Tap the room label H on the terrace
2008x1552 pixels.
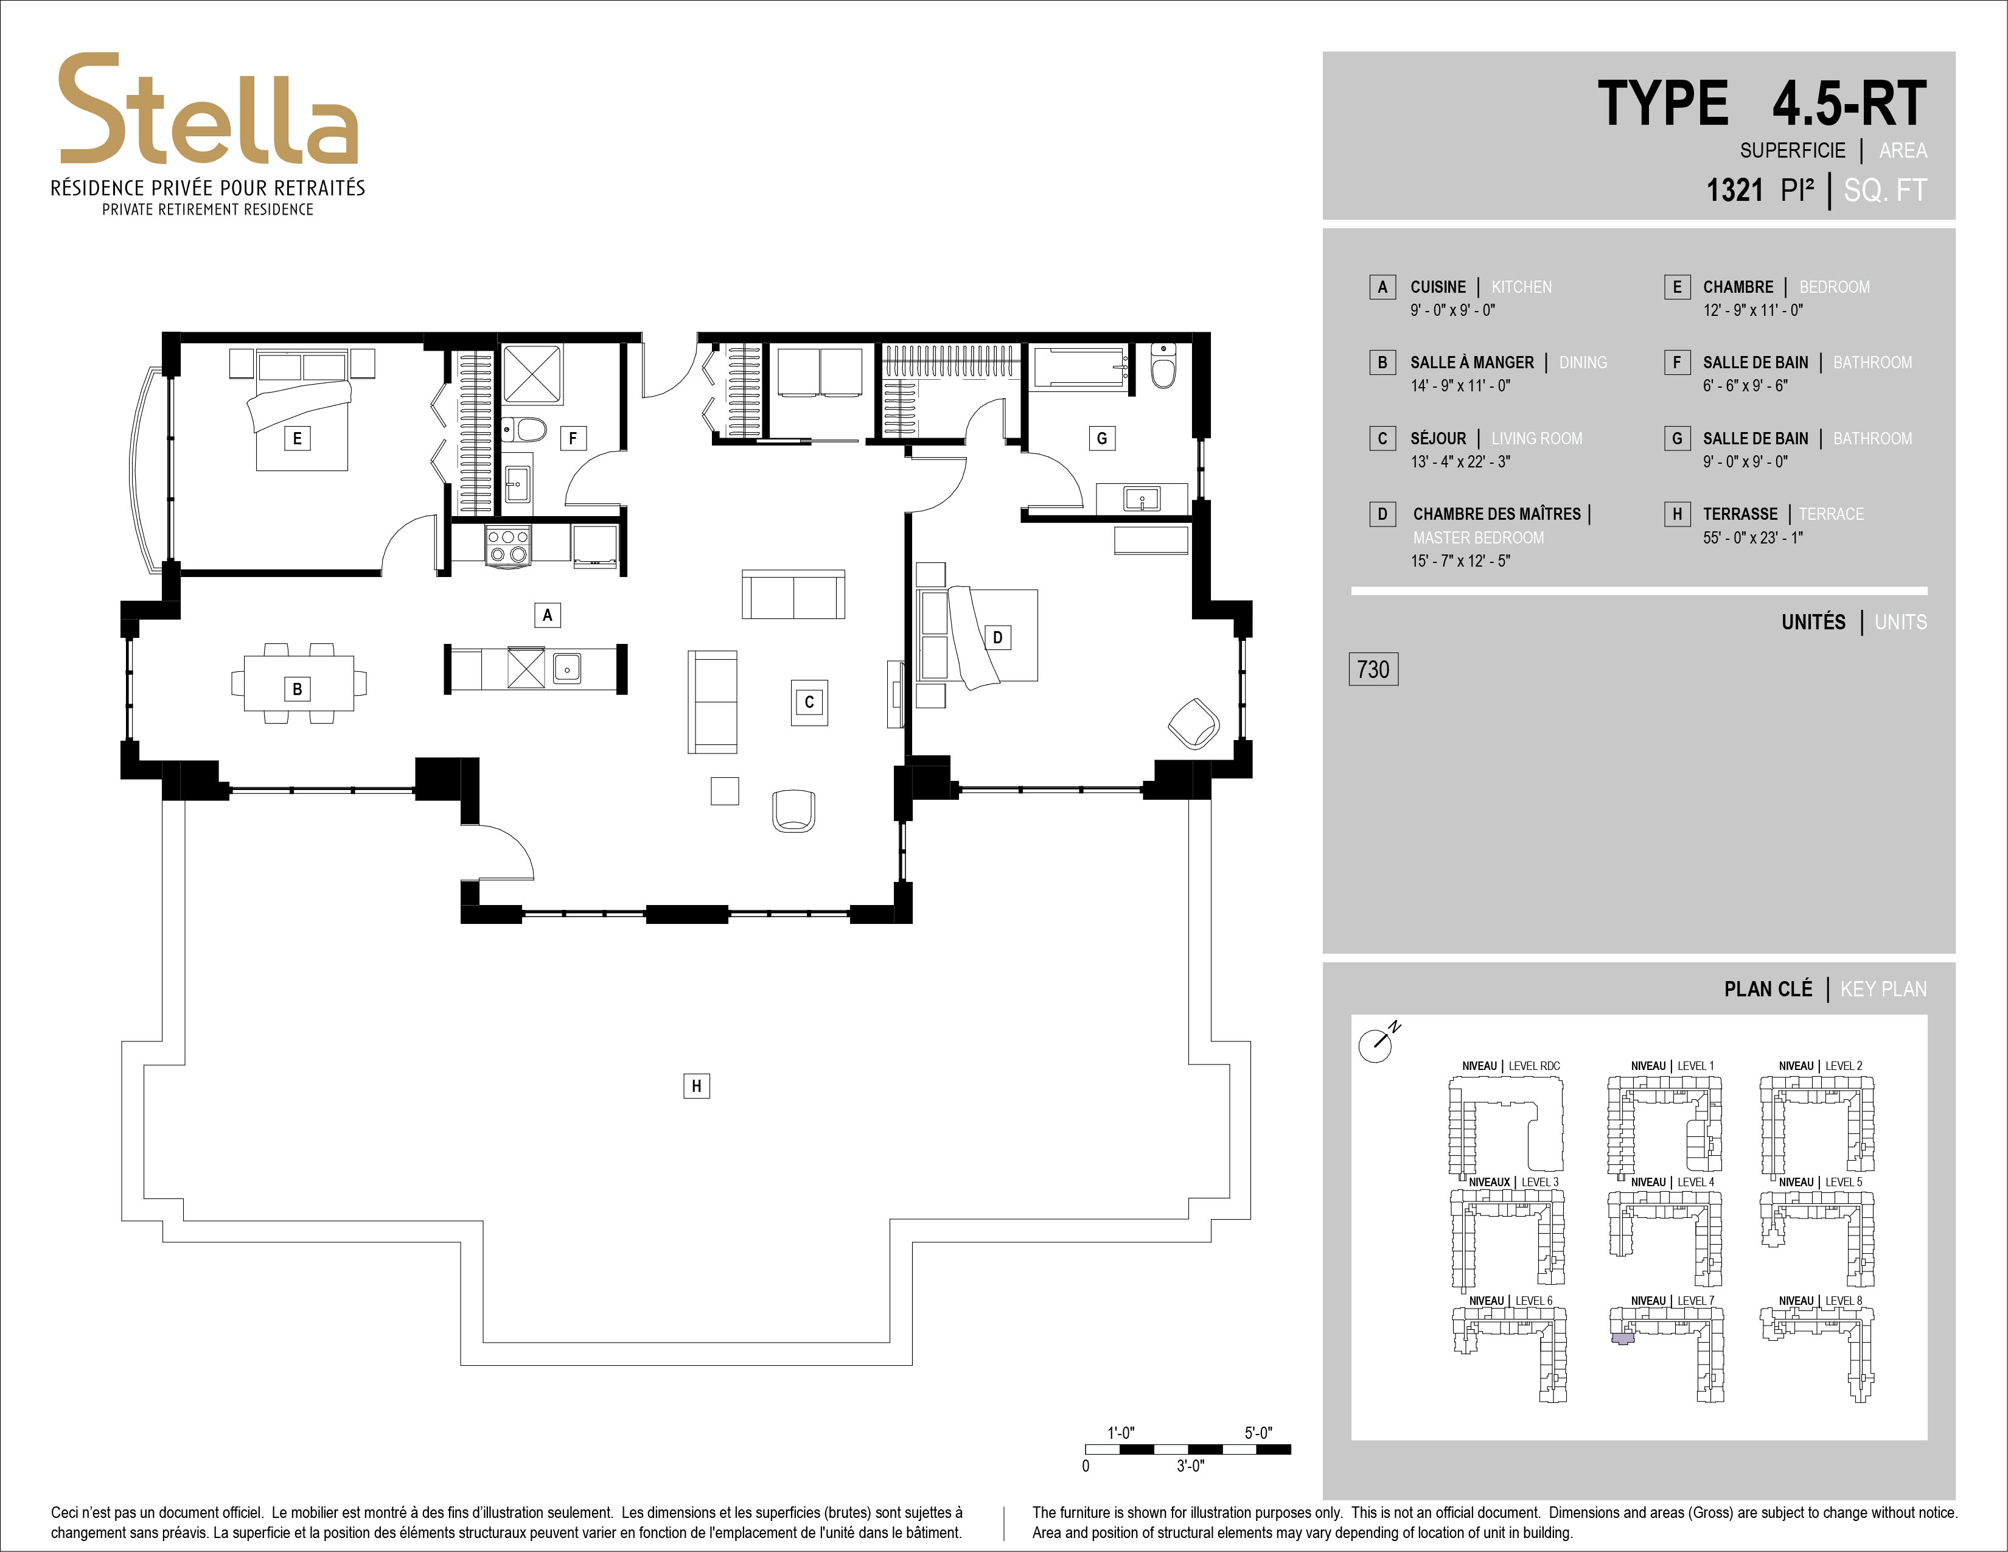coord(696,1086)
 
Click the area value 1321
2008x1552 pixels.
coord(1735,191)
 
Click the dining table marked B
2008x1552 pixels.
coord(299,682)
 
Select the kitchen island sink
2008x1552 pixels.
coord(566,668)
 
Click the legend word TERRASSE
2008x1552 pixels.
coord(1740,514)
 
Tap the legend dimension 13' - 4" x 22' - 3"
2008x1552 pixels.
coord(1460,461)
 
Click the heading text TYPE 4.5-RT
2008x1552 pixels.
coord(1762,104)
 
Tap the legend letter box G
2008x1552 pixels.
coord(1676,439)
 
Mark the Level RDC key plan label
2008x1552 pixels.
coord(1511,1066)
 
